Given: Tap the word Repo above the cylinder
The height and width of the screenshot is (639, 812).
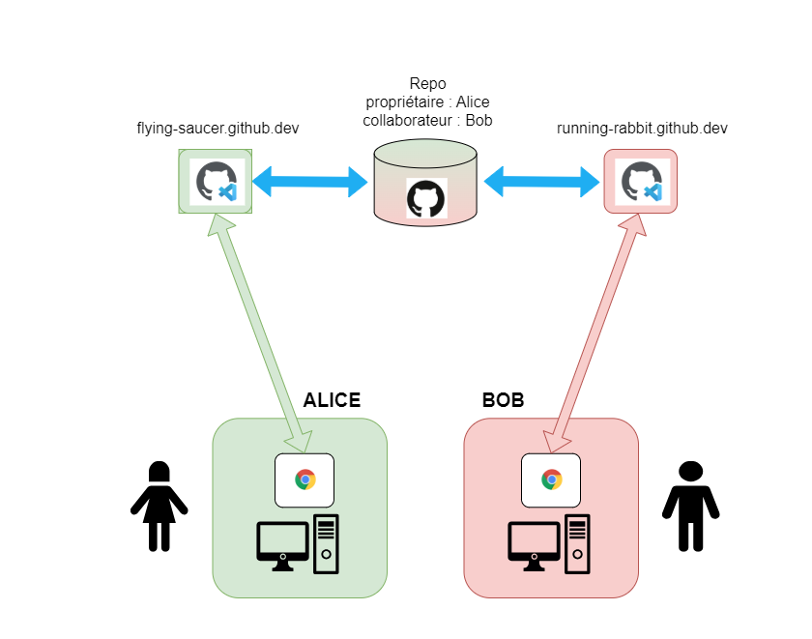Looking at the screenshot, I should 427,84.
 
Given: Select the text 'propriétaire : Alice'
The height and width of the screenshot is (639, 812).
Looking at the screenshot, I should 427,102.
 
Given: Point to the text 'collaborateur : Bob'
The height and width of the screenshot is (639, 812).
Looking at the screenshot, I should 427,121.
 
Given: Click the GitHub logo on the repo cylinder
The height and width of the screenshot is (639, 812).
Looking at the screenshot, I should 426,198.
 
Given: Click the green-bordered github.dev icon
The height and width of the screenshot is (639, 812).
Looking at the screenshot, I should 215,181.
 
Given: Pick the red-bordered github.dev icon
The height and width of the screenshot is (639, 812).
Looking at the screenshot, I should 640,181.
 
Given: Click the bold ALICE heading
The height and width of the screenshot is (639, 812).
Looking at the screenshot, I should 332,400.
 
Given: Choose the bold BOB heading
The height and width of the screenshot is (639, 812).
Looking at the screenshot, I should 503,400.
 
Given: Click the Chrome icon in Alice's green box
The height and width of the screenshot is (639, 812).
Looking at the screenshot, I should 304,479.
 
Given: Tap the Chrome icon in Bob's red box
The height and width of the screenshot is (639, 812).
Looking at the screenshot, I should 551,479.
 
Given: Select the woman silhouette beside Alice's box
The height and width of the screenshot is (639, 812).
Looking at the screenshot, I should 159,506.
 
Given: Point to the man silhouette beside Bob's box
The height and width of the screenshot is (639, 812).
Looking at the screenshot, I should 690,506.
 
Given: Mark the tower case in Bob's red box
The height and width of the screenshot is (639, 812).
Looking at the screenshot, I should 577,543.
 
